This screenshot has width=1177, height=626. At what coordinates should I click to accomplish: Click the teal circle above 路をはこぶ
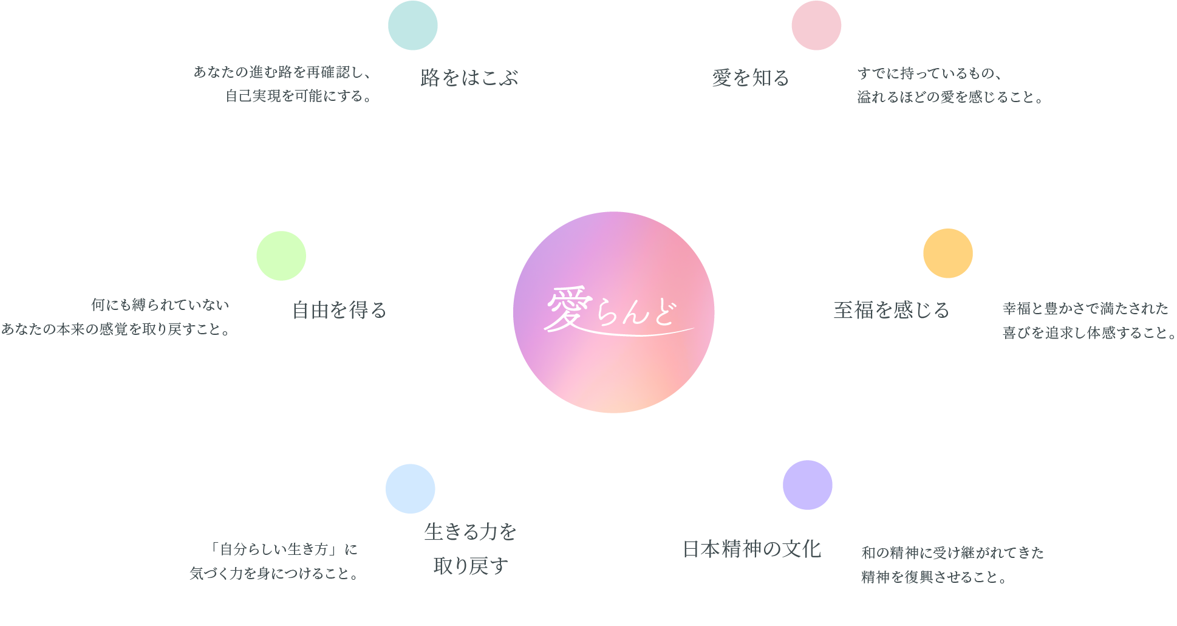[x=413, y=26]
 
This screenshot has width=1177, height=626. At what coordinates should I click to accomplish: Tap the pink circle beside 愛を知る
[x=816, y=26]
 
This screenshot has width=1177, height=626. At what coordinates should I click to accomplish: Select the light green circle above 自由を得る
[x=281, y=256]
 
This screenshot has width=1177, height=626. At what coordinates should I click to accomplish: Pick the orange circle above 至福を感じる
[x=948, y=253]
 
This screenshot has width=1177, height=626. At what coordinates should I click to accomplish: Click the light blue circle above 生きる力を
[x=411, y=489]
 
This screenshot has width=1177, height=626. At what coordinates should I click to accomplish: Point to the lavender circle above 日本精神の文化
[x=808, y=485]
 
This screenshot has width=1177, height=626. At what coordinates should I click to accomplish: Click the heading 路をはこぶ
[x=469, y=78]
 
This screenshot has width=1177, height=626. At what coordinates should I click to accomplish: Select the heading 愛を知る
[x=751, y=78]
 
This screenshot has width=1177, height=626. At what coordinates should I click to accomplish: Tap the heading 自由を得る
[x=339, y=310]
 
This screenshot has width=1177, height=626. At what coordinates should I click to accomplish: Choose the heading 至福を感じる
[x=892, y=310]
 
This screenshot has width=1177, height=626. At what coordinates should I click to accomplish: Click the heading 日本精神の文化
[x=752, y=549]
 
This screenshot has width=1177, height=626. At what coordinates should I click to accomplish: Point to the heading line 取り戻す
[x=471, y=566]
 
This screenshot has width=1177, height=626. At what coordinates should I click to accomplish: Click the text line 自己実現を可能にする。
[x=299, y=96]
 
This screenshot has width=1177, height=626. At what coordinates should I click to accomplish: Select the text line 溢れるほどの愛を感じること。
[x=950, y=97]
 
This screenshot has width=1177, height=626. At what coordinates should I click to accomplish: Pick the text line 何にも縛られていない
[x=160, y=304]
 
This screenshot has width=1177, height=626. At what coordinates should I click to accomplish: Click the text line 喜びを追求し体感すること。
[x=1090, y=332]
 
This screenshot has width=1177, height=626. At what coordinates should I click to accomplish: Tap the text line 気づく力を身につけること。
[x=275, y=573]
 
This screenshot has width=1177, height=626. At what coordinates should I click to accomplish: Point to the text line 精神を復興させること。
[x=934, y=577]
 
